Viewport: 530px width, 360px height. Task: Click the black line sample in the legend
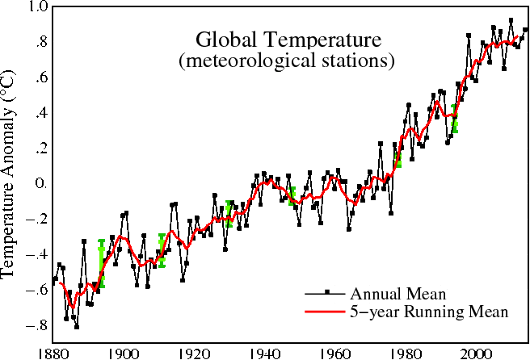(x=315, y=293)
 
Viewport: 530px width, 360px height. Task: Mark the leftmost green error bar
(x=101, y=263)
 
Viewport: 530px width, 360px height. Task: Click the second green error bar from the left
(x=162, y=250)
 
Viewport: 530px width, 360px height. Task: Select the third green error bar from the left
(x=229, y=214)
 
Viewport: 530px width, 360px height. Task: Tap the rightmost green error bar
(x=454, y=119)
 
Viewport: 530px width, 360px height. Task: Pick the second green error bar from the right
(x=397, y=159)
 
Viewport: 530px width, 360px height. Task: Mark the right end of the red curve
(x=517, y=36)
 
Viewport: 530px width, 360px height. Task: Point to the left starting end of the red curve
(x=60, y=283)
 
